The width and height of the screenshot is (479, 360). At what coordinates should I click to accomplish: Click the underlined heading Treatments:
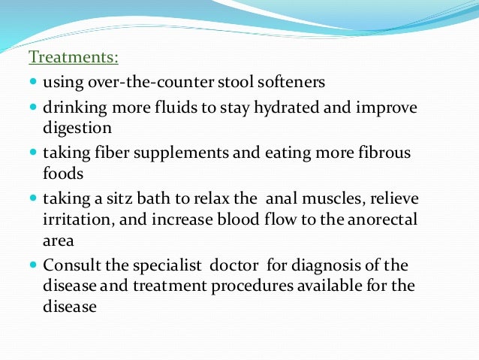(x=74, y=57)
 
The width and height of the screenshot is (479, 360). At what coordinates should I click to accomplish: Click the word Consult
(x=73, y=266)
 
